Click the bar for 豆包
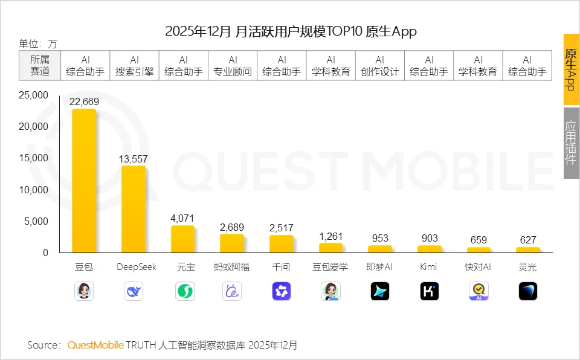click(84, 181)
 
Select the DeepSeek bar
click(134, 209)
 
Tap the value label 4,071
click(182, 217)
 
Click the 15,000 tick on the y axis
click(34, 158)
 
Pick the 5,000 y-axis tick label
click(36, 221)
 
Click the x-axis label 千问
click(282, 267)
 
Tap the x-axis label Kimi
click(430, 267)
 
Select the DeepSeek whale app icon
click(134, 292)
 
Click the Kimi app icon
click(430, 292)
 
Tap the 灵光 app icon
click(528, 292)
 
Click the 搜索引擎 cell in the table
click(134, 66)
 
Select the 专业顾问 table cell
click(233, 66)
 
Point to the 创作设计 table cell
click(380, 66)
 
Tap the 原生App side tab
click(571, 69)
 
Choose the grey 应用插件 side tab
click(571, 143)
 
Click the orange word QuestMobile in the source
click(95, 345)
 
